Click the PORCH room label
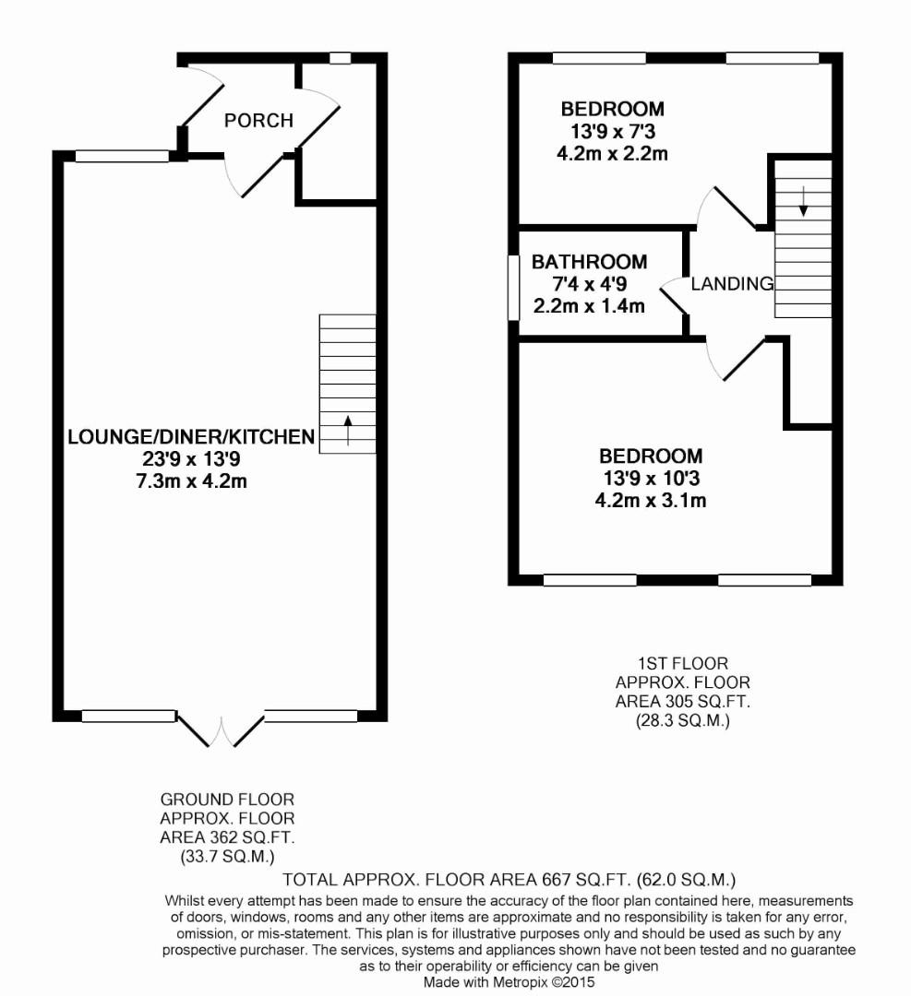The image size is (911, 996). tap(258, 120)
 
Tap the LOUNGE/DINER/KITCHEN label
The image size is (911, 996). tap(191, 436)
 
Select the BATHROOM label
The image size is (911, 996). tap(589, 262)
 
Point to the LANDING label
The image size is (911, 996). tap(732, 283)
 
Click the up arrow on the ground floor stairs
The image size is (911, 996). tap(347, 430)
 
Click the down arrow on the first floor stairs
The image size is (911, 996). tap(804, 201)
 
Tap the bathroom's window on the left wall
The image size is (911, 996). tap(513, 288)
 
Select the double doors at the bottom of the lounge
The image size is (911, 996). tap(221, 730)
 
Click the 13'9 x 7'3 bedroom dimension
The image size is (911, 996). tap(613, 132)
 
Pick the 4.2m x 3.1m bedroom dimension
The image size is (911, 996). tap(651, 500)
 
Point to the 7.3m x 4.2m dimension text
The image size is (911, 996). tap(191, 480)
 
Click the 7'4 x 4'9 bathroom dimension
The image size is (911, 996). tap(589, 284)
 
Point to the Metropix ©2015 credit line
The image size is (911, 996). tap(509, 982)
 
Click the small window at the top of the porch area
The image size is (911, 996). tap(340, 58)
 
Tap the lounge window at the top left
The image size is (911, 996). tap(122, 156)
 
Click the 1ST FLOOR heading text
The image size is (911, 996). tap(683, 663)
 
